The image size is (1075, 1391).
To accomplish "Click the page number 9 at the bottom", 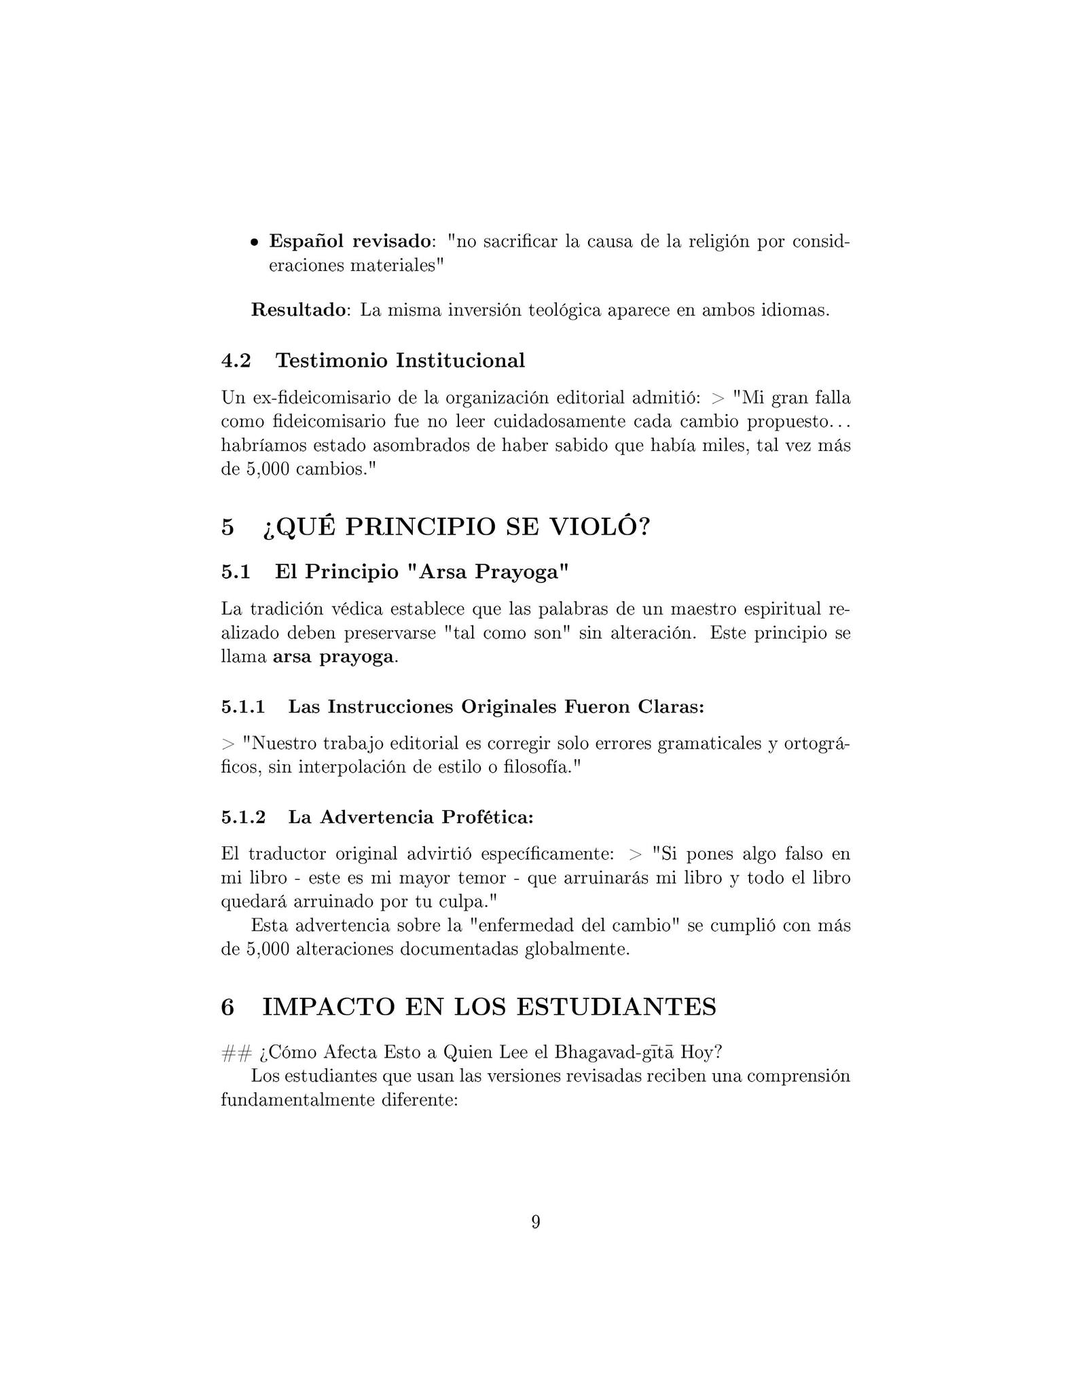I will [536, 1222].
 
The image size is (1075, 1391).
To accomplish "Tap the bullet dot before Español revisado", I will [254, 242].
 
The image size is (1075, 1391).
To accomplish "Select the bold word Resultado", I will [298, 310].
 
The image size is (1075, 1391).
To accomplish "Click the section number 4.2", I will [236, 361].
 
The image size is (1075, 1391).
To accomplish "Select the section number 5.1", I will [236, 572].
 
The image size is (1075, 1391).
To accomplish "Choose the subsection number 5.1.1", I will [242, 707].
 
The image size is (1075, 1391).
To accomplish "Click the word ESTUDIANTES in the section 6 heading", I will [616, 1007].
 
